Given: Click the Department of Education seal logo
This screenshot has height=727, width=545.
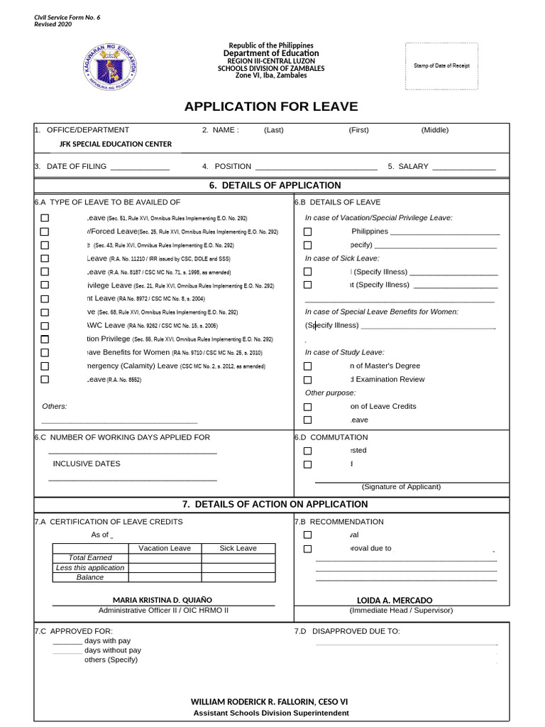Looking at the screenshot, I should coord(108,67).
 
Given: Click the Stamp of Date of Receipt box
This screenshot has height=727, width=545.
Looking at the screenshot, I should coord(441,66).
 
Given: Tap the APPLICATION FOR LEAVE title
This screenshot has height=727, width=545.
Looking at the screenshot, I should coord(271,107).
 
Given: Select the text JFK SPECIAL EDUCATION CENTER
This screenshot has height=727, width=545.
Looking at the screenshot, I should coord(115,144).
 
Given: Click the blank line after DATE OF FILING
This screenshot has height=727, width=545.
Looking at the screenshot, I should coord(140,167).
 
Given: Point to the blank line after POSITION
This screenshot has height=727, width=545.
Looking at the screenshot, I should coord(316,167).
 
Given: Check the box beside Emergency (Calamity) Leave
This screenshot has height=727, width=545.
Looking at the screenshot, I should coord(45,366).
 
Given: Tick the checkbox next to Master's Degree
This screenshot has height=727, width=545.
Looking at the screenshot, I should coord(307,366).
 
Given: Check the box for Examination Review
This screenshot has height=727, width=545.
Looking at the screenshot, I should coord(307,380).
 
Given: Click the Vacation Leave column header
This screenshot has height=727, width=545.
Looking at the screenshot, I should coord(165,548).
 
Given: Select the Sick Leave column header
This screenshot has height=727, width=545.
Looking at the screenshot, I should coord(238,548).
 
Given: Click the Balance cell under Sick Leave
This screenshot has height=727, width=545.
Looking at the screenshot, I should coord(238,577).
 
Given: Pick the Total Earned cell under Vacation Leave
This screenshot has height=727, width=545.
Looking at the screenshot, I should coord(165,558).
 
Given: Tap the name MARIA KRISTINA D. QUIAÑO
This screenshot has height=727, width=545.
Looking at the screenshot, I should coord(163,600).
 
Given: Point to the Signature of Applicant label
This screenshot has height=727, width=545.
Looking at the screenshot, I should coord(401,487).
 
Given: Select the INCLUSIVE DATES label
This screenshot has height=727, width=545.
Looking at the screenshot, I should coord(87,464).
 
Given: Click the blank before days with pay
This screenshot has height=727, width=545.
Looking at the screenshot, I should coord(67,641).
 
